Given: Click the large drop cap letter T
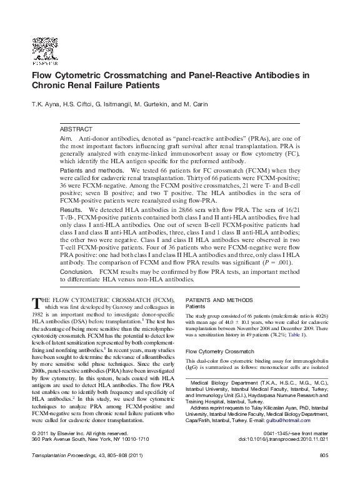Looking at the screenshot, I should pos(36,303).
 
